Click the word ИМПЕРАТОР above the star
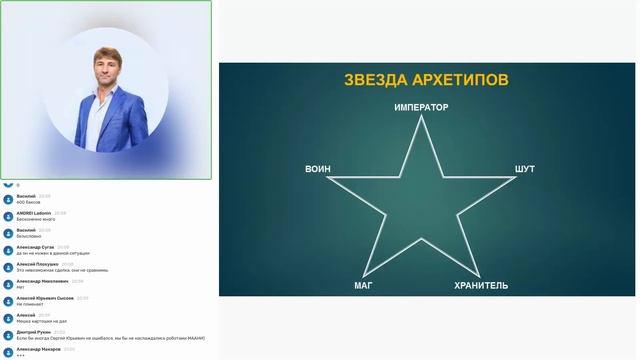click(421, 107)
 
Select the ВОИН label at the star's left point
click(318, 170)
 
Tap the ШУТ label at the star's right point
click(525, 170)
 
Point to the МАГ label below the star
click(363, 286)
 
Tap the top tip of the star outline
click(422, 117)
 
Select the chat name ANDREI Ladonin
click(34, 213)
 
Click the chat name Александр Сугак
click(36, 246)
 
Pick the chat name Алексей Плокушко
click(38, 264)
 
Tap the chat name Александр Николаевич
click(42, 281)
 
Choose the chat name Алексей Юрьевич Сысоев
click(45, 298)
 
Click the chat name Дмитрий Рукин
click(33, 331)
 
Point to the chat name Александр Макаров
click(37, 348)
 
